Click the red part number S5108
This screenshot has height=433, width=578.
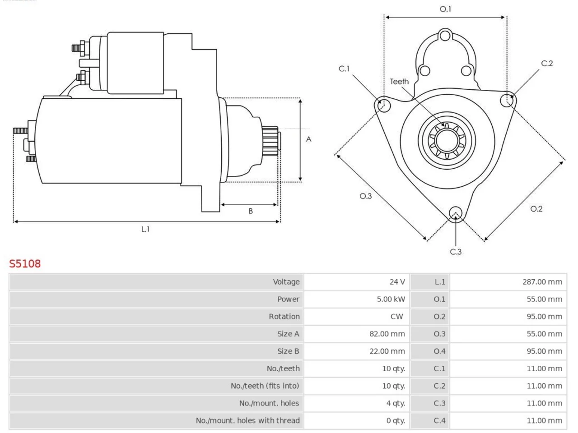click(x=25, y=264)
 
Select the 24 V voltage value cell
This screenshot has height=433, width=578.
click(x=357, y=282)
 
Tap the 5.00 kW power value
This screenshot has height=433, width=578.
click(x=391, y=299)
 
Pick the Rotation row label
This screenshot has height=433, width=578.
click(x=284, y=317)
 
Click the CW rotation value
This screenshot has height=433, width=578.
click(x=396, y=317)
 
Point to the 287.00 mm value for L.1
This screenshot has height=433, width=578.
click(x=542, y=282)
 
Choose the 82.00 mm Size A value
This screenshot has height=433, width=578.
click(x=387, y=334)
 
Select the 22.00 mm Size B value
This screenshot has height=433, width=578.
click(x=387, y=351)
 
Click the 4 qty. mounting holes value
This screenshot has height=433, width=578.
click(x=396, y=403)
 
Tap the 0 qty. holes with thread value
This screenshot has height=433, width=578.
click(x=396, y=421)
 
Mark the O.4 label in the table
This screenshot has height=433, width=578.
click(x=439, y=351)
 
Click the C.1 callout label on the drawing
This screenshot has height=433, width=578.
click(x=344, y=69)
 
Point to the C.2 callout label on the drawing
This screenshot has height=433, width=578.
click(x=547, y=63)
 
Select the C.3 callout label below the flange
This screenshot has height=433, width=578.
click(x=456, y=252)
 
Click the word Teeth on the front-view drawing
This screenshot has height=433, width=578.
click(x=399, y=82)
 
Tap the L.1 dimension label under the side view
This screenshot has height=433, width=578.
click(x=145, y=229)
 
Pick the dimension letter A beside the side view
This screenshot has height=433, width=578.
click(x=308, y=139)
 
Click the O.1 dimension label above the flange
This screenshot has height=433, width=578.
click(x=445, y=9)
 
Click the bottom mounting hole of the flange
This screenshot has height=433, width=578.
click(x=456, y=213)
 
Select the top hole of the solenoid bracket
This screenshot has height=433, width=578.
click(x=445, y=36)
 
